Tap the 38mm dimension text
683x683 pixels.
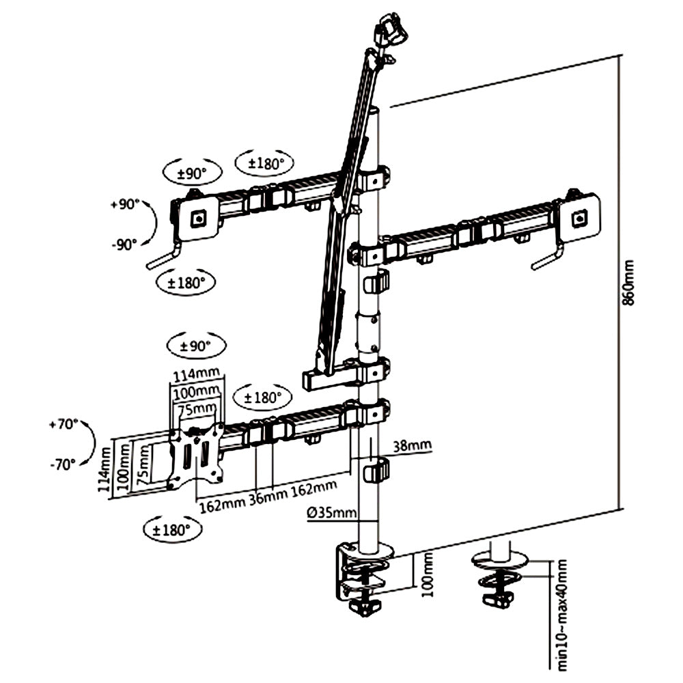click(x=412, y=445)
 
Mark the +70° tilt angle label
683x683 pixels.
click(x=64, y=424)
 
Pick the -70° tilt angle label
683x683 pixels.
click(x=63, y=465)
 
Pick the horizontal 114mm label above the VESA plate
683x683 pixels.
click(x=194, y=375)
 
